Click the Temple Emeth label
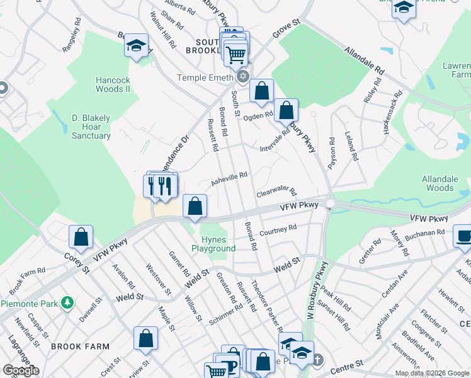tap(205, 77)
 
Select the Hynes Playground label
tap(218, 244)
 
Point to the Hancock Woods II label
tap(113, 84)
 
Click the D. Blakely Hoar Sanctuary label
tap(91, 127)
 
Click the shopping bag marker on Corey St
tap(81, 238)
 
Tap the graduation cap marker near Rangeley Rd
tap(136, 45)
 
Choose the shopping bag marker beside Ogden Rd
tap(286, 110)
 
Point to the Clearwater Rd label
tap(276, 190)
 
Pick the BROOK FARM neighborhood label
tap(80, 346)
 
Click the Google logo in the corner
tap(20, 370)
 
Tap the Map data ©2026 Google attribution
tap(432, 373)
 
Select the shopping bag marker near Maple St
tap(145, 338)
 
